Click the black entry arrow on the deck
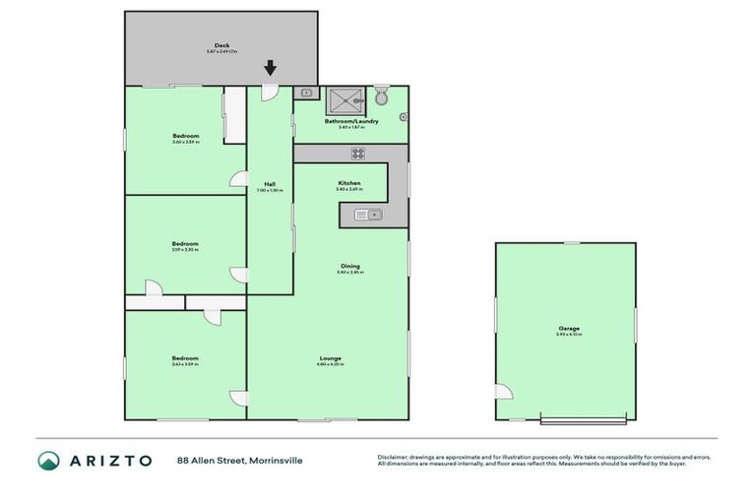click(270, 68)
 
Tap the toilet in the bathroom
click(382, 95)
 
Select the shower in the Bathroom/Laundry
click(344, 96)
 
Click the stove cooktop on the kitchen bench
click(358, 153)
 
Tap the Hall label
click(269, 184)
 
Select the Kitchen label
click(349, 183)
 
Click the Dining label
click(349, 266)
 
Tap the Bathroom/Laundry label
click(351, 122)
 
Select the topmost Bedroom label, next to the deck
click(185, 136)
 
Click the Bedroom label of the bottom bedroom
click(185, 358)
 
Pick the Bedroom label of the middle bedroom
click(185, 244)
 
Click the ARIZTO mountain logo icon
click(48, 460)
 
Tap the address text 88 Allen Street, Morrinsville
click(239, 460)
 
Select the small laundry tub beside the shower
click(307, 94)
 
